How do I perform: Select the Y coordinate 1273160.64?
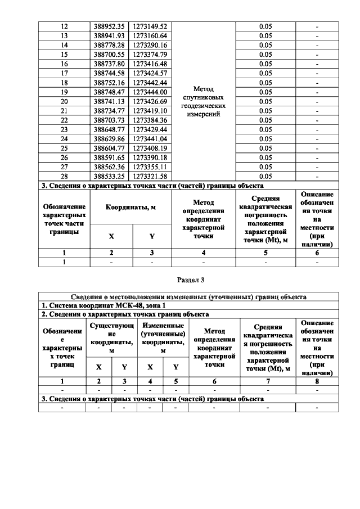150,35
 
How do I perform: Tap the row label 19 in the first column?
64,92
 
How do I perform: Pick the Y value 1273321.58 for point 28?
150,176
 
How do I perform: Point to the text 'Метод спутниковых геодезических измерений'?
203,101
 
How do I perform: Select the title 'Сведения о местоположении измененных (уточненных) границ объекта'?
188,296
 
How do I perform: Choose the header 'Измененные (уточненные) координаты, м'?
163,339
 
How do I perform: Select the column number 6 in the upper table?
317,253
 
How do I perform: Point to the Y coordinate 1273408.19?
150,148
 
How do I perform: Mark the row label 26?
64,157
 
